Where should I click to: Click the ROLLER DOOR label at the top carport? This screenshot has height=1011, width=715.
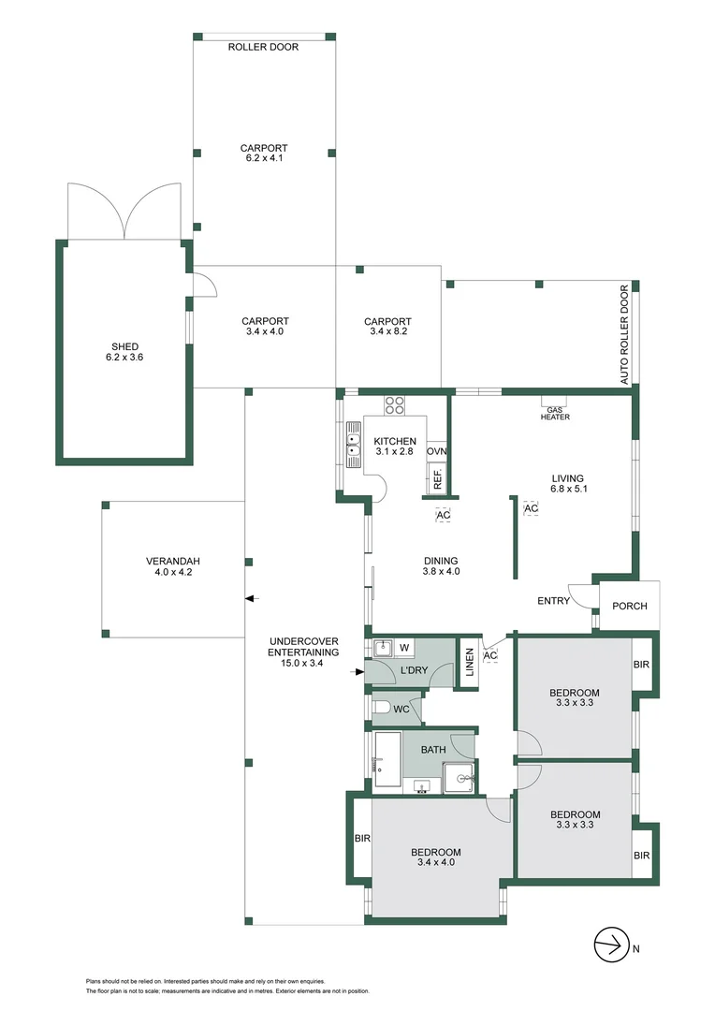(x=263, y=47)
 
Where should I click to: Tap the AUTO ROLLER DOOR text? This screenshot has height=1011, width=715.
(x=625, y=335)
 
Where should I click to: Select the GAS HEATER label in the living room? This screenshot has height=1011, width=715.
(x=555, y=412)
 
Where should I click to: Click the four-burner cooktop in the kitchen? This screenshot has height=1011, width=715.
(x=395, y=405)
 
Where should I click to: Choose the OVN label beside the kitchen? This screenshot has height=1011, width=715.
(x=436, y=451)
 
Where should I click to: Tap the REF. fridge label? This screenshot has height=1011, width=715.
(x=436, y=480)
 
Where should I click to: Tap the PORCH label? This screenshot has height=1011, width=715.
(x=629, y=606)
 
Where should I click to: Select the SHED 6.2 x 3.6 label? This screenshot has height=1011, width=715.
(x=124, y=352)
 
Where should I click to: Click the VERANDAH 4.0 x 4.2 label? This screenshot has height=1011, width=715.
(x=173, y=567)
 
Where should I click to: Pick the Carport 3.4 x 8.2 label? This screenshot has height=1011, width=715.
(x=387, y=326)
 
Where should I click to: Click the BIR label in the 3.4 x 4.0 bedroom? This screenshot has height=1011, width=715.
(x=361, y=839)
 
